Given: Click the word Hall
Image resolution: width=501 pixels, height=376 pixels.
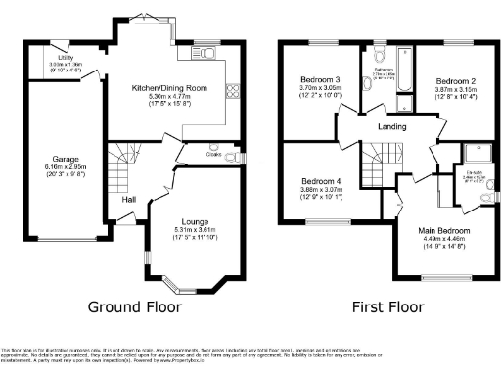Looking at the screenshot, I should coord(128,200).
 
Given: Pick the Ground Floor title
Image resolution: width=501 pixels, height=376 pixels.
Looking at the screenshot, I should coord(135,306).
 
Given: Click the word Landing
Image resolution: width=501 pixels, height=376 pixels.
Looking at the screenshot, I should coord(395,125).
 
